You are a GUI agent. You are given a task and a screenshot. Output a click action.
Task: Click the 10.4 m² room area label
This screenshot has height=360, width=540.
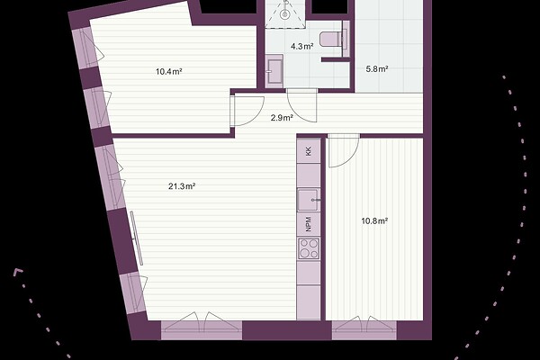coord(169,72)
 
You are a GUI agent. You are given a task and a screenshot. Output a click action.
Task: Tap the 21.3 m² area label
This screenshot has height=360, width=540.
coord(182,186)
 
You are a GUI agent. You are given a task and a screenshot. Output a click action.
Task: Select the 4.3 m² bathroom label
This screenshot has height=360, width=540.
coord(302,46)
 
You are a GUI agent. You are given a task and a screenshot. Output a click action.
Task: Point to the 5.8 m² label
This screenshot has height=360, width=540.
coord(377,69)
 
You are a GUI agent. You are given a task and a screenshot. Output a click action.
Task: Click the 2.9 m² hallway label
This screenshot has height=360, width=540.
coord(282,118)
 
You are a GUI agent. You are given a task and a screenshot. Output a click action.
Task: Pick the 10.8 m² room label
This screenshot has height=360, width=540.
coord(374,220)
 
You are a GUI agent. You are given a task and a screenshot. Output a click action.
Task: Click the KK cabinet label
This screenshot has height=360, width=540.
coord(309,151)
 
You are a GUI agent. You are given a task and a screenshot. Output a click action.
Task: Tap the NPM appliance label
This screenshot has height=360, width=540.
coord(309,223)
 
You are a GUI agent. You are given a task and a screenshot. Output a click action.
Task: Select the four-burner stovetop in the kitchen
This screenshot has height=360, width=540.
coord(309,248)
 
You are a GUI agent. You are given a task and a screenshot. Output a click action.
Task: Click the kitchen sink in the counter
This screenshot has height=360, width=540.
coord(309,200)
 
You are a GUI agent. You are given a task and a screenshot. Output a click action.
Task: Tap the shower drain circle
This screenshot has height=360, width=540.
coord(284,14)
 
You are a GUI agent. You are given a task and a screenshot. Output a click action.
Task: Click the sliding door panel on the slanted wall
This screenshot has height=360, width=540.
coord(137,238)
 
